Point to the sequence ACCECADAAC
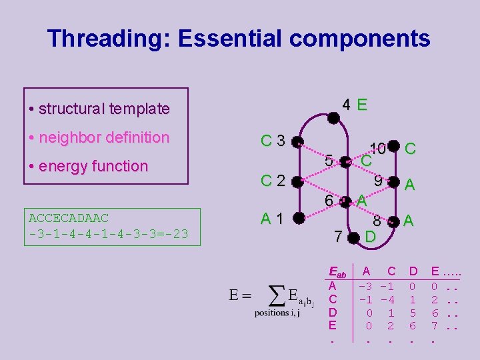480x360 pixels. click(x=69, y=218)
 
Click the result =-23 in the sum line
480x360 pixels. click(x=171, y=234)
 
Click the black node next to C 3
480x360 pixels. click(x=297, y=142)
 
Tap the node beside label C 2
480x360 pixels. click(x=297, y=180)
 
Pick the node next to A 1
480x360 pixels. click(x=297, y=217)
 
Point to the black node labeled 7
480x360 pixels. click(x=354, y=237)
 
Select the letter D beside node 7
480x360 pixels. click(x=371, y=237)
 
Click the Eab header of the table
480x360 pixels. click(x=338, y=273)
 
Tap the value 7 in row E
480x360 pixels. click(x=435, y=326)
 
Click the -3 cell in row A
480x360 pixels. click(x=365, y=286)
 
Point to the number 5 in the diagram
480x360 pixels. click(x=329, y=161)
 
